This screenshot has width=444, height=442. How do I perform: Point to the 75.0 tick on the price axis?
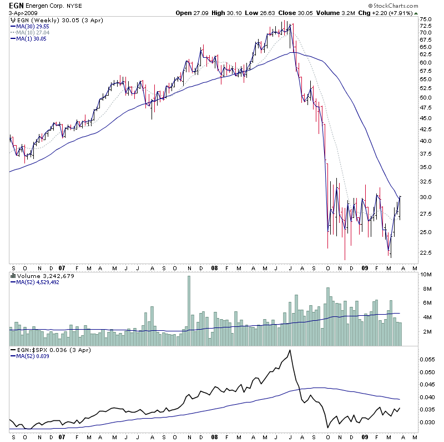coord(426,19)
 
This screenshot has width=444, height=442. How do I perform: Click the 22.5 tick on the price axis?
coord(426,253)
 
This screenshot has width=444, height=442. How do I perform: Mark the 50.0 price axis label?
coord(426,98)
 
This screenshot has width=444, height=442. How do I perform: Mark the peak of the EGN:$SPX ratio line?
coord(290,351)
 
